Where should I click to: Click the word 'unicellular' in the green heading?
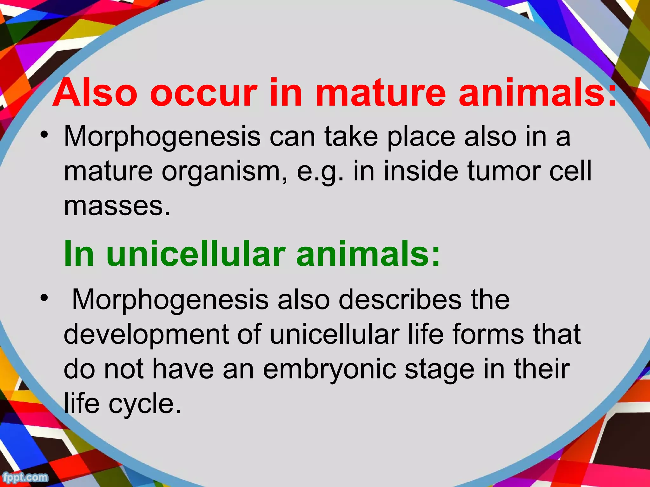(x=196, y=254)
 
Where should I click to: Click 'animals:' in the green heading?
(x=368, y=254)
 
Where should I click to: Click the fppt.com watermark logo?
(x=25, y=477)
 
